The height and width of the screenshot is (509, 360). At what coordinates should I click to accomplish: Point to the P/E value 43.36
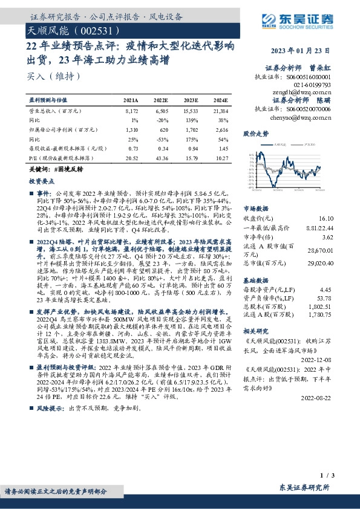(162, 157)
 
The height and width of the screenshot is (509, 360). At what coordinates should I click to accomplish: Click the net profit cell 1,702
(191, 130)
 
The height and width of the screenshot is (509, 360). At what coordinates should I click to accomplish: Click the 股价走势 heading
(255, 134)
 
